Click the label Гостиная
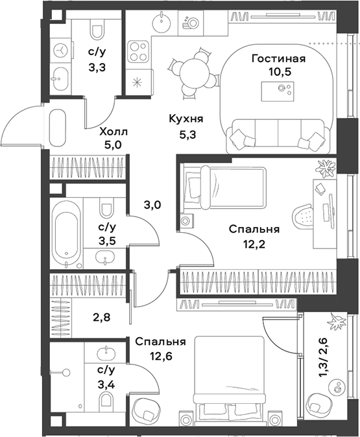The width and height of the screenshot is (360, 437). (279, 59)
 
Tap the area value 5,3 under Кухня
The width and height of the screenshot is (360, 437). (186, 134)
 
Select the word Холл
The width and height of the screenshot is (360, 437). (114, 132)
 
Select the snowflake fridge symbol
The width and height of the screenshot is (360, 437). (138, 83)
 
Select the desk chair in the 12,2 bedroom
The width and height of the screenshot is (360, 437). (304, 215)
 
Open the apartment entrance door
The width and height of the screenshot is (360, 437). (23, 127)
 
